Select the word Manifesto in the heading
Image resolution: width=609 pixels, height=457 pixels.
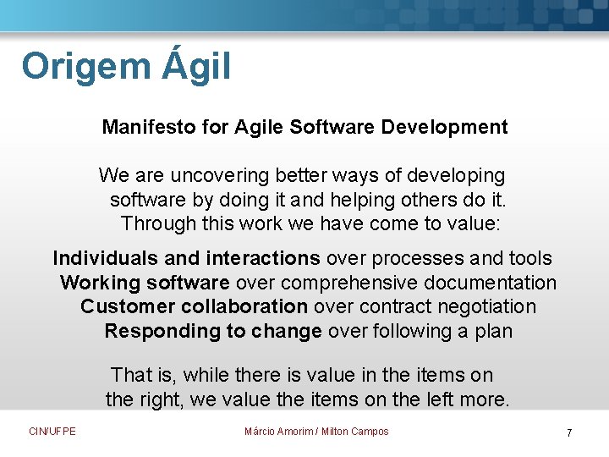[149, 128]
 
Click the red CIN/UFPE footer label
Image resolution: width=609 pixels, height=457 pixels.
[52, 432]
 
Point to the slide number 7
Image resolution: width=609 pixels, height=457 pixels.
[569, 433]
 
